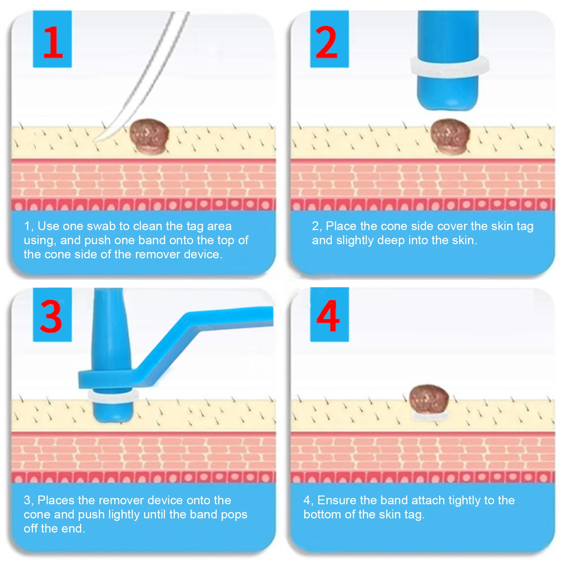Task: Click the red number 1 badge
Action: pos(52,39)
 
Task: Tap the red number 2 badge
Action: pos(329,39)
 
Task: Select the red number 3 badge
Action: pos(52,314)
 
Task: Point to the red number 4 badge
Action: pos(329,314)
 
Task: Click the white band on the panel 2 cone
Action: pos(449,66)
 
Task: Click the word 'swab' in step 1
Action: pos(103,226)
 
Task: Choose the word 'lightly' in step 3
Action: pos(124,515)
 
